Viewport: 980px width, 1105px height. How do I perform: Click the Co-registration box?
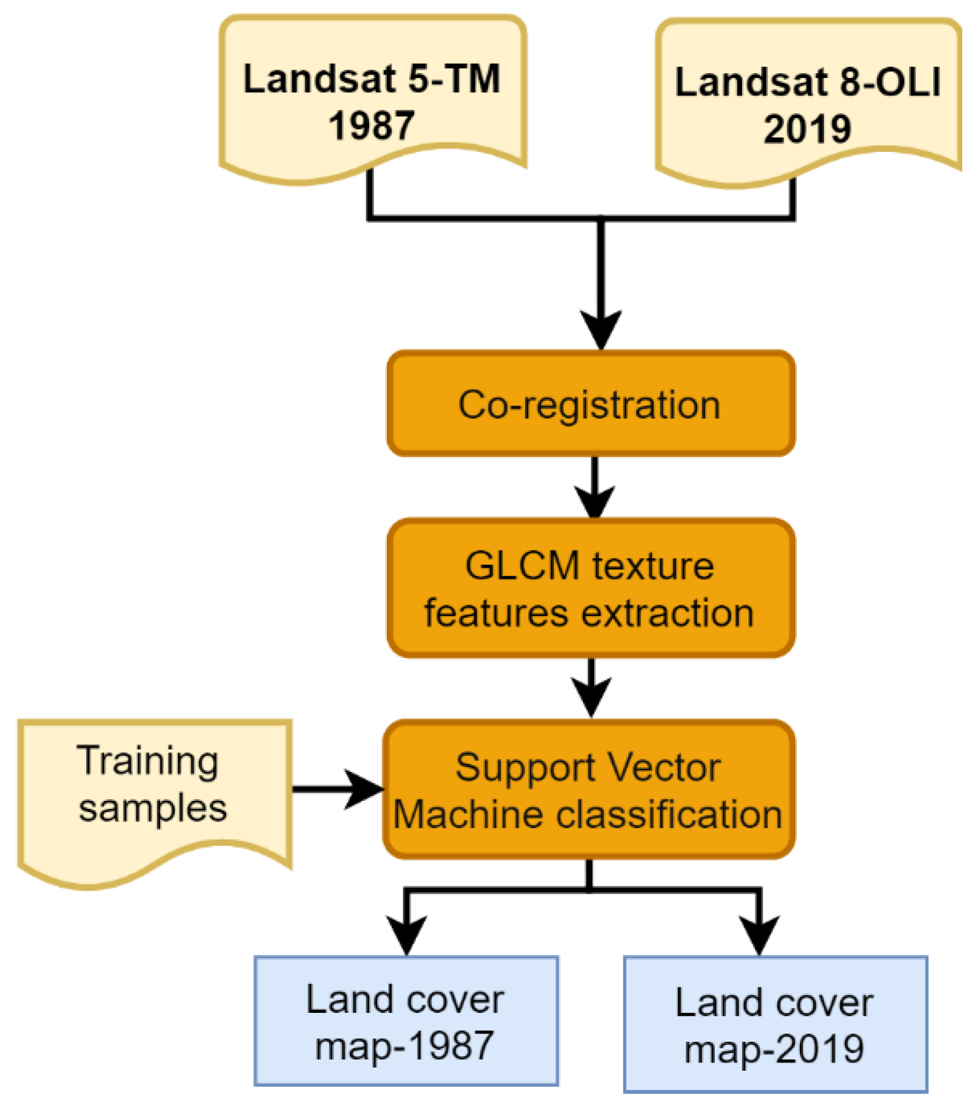590,405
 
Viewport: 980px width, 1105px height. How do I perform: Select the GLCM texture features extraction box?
590,588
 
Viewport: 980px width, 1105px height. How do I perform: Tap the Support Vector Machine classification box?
588,790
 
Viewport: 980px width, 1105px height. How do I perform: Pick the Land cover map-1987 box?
406,1021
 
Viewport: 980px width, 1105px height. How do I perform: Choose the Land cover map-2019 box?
774,1024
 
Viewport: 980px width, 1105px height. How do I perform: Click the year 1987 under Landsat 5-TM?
372,126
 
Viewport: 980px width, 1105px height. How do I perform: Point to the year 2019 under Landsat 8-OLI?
807,129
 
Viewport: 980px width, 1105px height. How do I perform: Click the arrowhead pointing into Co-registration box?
600,329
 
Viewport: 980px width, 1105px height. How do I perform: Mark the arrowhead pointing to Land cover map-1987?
406,933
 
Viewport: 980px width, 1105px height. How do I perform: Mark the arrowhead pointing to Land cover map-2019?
759,933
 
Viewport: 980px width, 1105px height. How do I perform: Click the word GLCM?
522,566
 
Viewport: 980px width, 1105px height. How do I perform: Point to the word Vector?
664,768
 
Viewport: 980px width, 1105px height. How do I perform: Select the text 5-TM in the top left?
454,79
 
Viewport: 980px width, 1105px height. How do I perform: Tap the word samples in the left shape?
153,808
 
